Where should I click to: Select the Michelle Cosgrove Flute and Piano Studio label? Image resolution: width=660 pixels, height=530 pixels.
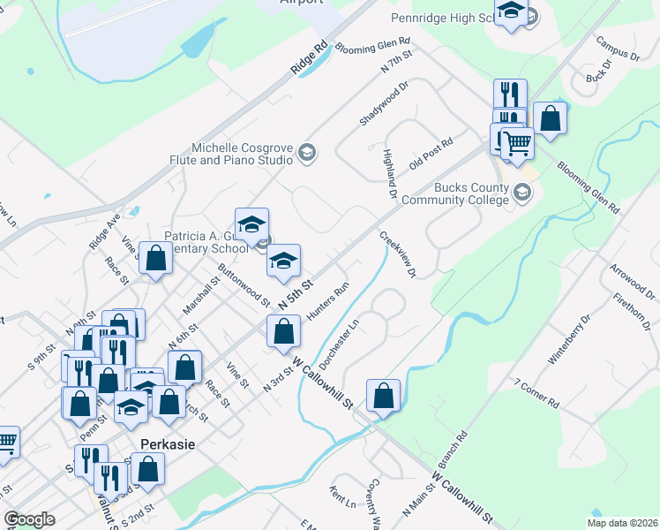click(243, 155)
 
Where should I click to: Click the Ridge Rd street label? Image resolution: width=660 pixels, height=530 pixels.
click(310, 59)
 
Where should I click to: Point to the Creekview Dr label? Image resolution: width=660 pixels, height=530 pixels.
click(398, 255)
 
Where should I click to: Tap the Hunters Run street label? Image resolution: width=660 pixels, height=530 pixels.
click(328, 301)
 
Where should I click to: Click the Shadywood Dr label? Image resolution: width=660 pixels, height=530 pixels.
click(385, 104)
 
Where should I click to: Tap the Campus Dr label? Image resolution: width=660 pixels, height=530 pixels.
click(617, 49)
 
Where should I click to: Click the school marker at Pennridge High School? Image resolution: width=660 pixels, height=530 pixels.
click(511, 12)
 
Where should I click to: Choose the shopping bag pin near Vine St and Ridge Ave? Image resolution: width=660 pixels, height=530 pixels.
click(155, 260)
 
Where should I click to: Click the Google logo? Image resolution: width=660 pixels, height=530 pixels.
click(29, 519)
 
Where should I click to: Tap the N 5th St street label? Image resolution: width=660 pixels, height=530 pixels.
click(296, 294)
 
